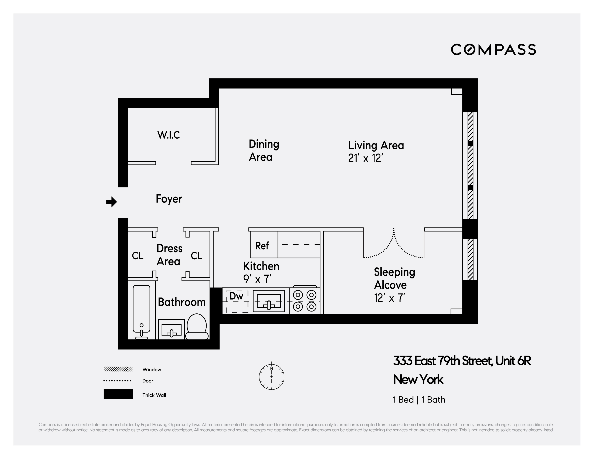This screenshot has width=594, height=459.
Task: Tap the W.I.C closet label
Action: [169, 135]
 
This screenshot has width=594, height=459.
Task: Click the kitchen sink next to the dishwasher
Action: [269, 301]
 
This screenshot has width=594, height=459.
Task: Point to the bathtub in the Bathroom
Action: [141, 310]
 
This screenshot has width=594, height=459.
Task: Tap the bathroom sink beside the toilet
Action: [171, 329]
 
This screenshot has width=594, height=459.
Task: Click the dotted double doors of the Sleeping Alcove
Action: [394, 245]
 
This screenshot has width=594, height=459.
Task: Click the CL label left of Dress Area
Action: [138, 256]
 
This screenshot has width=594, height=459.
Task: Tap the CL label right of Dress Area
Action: [196, 256]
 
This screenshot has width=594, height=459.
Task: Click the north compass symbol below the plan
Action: [271, 377]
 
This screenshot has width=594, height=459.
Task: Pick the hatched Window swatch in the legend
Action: [118, 369]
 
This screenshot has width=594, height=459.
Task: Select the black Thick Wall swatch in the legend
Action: [118, 394]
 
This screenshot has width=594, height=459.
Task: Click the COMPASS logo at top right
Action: [493, 50]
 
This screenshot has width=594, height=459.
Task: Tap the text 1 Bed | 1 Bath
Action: [419, 400]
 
